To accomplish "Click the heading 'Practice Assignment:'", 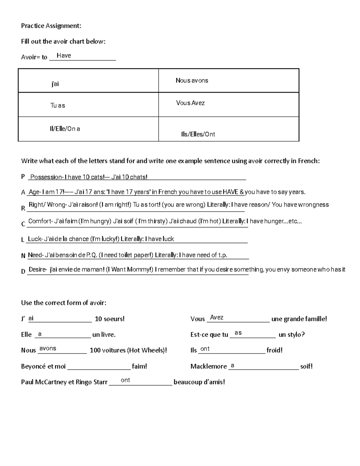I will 51,26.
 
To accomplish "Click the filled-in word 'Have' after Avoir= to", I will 64,56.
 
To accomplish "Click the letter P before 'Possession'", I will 23,177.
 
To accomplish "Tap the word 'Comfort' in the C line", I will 40,221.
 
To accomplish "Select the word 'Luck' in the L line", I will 34,239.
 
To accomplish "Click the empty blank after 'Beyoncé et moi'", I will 99,366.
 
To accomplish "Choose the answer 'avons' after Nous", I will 48,348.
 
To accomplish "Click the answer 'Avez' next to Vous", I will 217,317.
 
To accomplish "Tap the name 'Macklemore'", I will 208,366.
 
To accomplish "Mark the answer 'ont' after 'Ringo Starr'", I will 125,380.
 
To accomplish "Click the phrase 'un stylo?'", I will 292,335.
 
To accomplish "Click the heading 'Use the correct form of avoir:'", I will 64,303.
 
